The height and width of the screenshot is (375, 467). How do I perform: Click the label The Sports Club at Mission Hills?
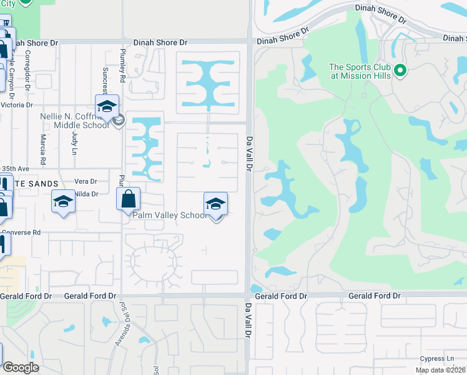[360, 71]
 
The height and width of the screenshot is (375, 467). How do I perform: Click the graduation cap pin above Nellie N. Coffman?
[107, 106]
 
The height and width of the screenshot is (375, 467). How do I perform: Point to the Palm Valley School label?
[169, 215]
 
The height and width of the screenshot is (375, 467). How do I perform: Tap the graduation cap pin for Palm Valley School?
[215, 204]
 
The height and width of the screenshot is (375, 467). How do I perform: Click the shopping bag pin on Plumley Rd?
[128, 199]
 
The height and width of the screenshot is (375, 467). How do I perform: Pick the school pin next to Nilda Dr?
[62, 202]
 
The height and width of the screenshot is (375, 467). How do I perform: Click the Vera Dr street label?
[86, 181]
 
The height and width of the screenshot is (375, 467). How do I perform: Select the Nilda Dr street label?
[87, 194]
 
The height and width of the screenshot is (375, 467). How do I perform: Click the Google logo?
[21, 367]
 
